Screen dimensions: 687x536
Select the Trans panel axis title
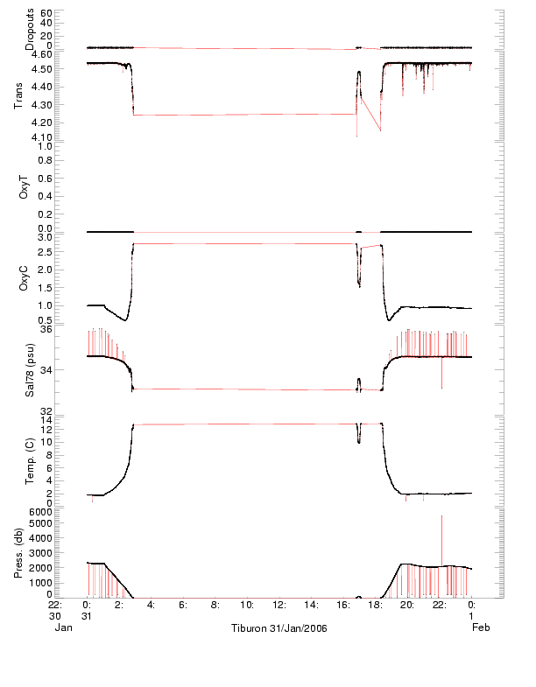pyautogui.click(x=19, y=95)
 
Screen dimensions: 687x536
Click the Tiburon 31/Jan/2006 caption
pyautogui.click(x=279, y=627)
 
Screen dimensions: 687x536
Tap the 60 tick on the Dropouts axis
pyautogui.click(x=46, y=14)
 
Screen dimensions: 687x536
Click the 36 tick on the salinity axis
pyautogui.click(x=47, y=329)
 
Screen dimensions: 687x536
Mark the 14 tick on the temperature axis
pyautogui.click(x=47, y=420)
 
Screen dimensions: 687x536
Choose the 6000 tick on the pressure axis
pyautogui.click(x=41, y=511)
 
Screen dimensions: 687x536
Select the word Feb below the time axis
pyautogui.click(x=481, y=627)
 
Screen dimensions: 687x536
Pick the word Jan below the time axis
pyautogui.click(x=62, y=627)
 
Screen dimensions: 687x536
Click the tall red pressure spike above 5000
pyautogui.click(x=441, y=525)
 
